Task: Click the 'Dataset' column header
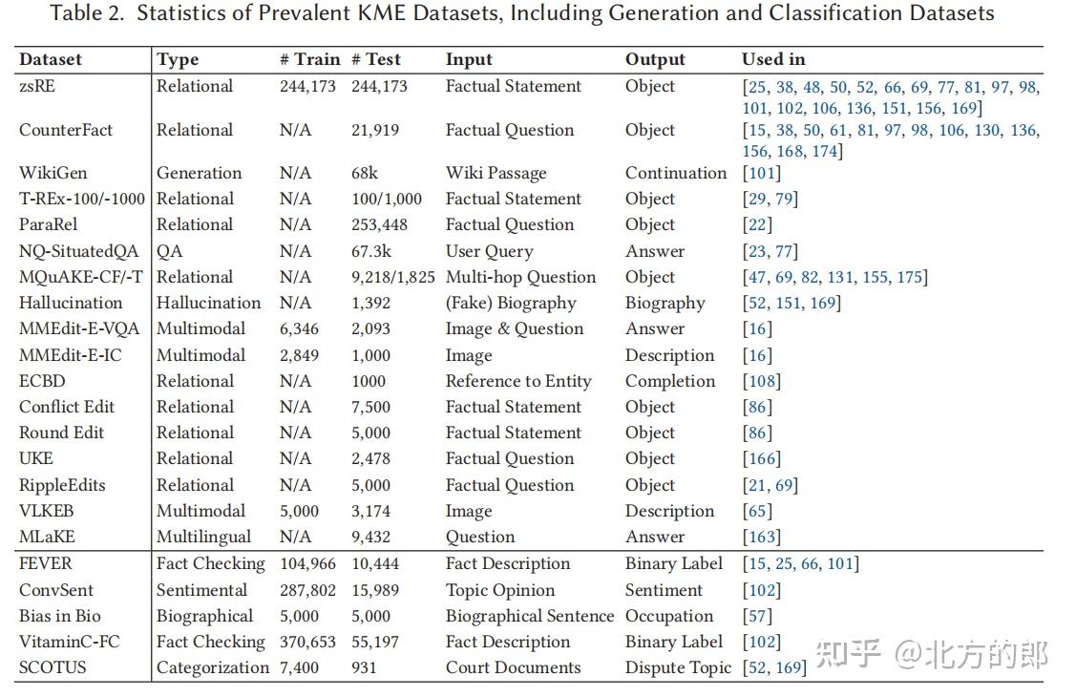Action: coord(50,60)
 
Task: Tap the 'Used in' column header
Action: coord(773,60)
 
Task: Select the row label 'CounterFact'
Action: coord(66,130)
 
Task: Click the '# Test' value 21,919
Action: coord(374,131)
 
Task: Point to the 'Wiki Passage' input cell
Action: coord(496,173)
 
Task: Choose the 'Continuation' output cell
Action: coord(676,173)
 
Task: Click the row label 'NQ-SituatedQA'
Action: coord(79,251)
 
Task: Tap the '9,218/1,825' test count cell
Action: coord(393,277)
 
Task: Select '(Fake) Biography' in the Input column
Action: coord(511,304)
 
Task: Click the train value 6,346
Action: coord(299,329)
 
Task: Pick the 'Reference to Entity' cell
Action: coord(518,381)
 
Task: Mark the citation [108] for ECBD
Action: coord(762,381)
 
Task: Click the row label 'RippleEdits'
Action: coord(62,486)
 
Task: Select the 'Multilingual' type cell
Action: coord(203,538)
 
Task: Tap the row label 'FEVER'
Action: coord(45,564)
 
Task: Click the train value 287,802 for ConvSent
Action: coord(308,590)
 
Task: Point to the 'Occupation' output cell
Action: coord(669,616)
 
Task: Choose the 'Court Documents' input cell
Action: coord(514,667)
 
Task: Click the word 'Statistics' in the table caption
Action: coord(174,13)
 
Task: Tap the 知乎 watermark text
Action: coord(848,654)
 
